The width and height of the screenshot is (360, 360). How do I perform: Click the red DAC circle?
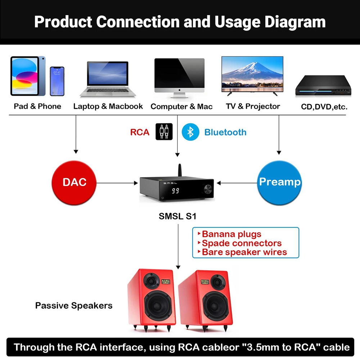(75, 182)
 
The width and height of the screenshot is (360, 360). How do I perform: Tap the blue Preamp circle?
(280, 182)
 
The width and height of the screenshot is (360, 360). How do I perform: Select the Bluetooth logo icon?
(190, 132)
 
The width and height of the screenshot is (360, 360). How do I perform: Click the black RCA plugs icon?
(164, 132)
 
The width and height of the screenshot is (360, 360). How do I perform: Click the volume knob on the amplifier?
(208, 189)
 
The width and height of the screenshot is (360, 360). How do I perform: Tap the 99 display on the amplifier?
(175, 191)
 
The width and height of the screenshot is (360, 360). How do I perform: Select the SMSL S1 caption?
(178, 216)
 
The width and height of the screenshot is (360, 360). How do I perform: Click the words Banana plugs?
(231, 234)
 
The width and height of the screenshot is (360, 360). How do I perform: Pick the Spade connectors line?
(242, 243)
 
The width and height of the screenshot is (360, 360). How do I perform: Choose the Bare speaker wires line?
(244, 252)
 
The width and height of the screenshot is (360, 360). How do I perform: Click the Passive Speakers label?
(74, 306)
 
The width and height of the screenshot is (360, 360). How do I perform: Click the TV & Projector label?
(253, 106)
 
